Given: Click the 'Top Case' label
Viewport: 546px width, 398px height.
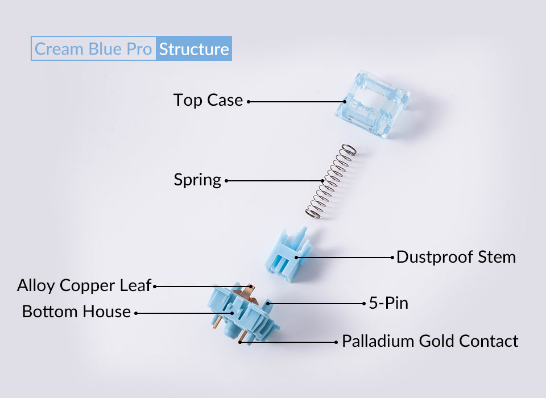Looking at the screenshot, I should click(208, 101).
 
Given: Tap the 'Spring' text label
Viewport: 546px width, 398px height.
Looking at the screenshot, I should click(197, 180).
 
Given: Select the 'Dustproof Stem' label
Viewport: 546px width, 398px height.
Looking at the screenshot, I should click(456, 257).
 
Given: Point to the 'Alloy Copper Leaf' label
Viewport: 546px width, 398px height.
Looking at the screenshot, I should click(84, 285).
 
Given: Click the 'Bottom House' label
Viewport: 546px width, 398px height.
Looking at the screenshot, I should click(76, 312).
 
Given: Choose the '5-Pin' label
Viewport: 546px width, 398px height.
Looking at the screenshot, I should click(388, 304).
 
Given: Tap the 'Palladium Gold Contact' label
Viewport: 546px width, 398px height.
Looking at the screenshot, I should click(430, 341).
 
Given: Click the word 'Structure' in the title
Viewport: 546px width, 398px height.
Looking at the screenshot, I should click(194, 49).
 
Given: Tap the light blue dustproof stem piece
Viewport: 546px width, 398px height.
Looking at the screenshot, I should click(288, 255).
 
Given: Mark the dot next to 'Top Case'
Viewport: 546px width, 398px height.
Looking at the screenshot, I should click(249, 102).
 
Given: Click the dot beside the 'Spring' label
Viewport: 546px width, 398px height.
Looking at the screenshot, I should click(226, 181).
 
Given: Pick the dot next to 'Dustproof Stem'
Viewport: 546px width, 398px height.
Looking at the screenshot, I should click(392, 257).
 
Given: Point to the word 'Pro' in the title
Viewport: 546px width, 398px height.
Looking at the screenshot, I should click(139, 49).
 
